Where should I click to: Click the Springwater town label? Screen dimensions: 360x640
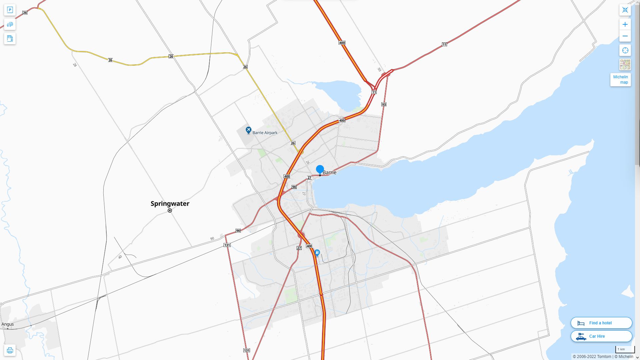pos(170,203)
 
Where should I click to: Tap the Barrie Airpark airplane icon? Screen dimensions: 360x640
pos(248,130)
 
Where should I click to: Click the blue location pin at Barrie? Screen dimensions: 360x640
pos(320,169)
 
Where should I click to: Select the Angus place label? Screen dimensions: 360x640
pos(8,324)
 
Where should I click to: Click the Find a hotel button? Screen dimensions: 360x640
pos(601,323)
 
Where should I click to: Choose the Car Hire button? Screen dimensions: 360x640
pos(601,336)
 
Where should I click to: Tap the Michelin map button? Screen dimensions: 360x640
pos(620,79)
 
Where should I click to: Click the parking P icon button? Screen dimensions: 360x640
pos(10,10)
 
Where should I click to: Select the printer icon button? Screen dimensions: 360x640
pos(10,350)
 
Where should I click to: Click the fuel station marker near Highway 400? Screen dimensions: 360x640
pos(317,253)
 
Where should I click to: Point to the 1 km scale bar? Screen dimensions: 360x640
pos(625,350)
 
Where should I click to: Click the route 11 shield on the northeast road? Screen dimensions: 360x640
pos(444,44)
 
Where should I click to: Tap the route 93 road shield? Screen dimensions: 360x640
pos(384,104)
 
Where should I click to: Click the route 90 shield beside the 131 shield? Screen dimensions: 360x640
pos(238,231)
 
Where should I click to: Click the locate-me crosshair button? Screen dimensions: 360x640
pos(625,50)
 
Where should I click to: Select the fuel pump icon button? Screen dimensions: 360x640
pos(10,38)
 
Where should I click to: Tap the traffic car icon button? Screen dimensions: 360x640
pos(10,24)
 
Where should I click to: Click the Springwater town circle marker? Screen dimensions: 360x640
pos(170,211)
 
